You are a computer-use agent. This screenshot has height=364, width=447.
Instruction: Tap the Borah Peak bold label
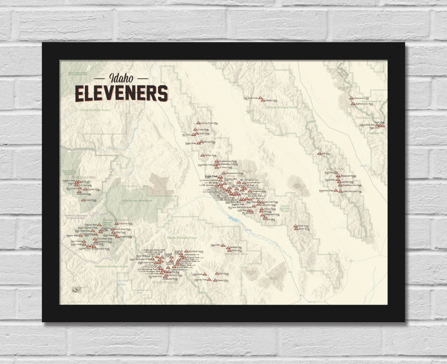point(211,175)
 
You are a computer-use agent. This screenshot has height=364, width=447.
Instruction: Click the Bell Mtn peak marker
point(321,154)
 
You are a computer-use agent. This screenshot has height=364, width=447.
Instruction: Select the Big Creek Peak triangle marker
point(262,101)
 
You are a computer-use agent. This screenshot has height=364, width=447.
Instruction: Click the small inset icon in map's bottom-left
point(75,289)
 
